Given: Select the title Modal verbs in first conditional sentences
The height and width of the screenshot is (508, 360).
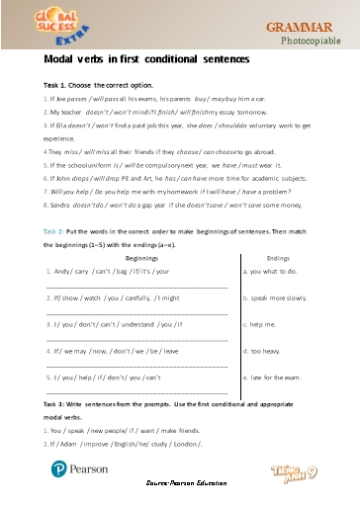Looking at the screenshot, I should pyautogui.click(x=136, y=59).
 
